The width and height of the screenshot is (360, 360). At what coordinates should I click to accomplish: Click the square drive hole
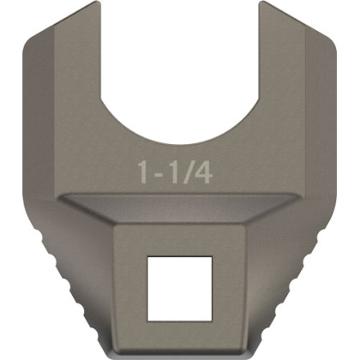tap(179, 285)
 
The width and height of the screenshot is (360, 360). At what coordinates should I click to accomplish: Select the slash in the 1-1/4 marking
tap(190, 171)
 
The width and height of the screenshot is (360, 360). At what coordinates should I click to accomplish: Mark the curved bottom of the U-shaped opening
tap(180, 142)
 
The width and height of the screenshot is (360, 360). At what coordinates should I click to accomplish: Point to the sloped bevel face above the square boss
tap(180, 211)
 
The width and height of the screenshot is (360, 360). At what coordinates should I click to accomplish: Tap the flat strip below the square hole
tap(180, 330)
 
